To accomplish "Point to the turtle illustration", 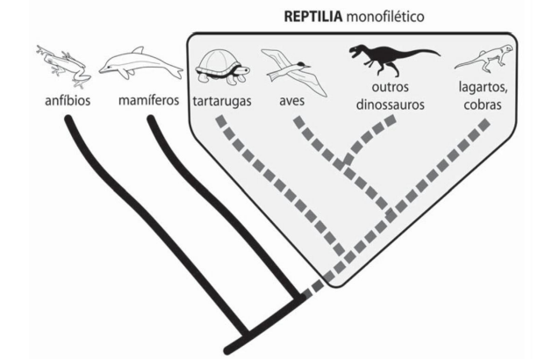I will click(221, 67).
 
